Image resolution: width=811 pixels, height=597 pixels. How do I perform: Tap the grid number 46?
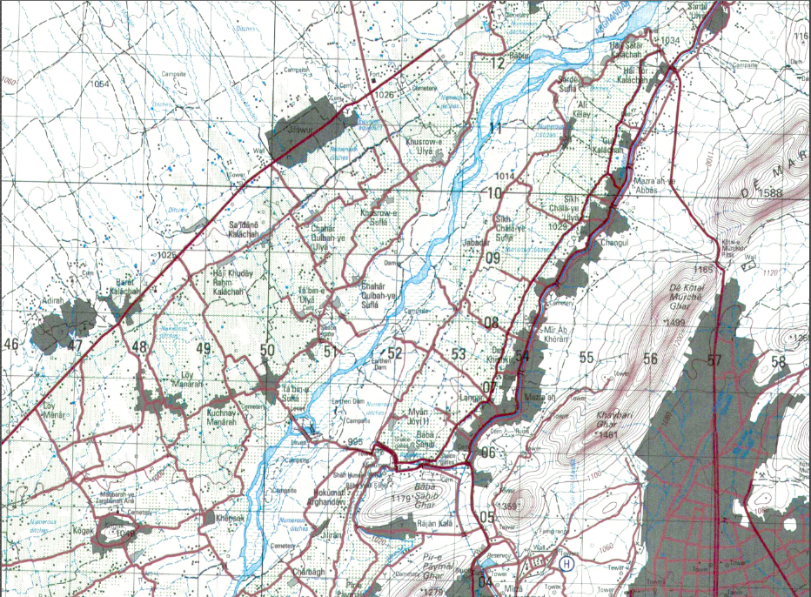(x=11, y=345)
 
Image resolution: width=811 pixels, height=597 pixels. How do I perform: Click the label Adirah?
(x=52, y=301)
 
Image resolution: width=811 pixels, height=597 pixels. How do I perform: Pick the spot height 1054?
(x=100, y=84)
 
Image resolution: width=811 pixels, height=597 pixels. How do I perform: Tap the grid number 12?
(x=497, y=64)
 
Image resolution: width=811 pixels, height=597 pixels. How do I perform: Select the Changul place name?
(x=613, y=245)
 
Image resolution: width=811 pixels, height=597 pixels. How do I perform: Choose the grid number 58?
(x=778, y=362)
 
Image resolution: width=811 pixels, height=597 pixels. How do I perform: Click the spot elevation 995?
(x=354, y=443)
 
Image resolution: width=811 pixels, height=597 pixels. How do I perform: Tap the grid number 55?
(x=586, y=358)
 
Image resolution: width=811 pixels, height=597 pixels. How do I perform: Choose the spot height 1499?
(x=677, y=324)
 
